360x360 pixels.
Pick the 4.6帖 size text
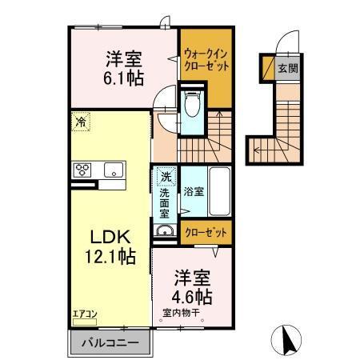pyautogui.click(x=192, y=296)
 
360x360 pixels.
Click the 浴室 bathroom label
pyautogui.click(x=193, y=192)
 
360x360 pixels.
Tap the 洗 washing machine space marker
pyautogui.click(x=166, y=176)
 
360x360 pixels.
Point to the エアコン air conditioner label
pyautogui.click(x=83, y=314)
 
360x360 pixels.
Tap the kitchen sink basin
pyautogui.click(x=112, y=170)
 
